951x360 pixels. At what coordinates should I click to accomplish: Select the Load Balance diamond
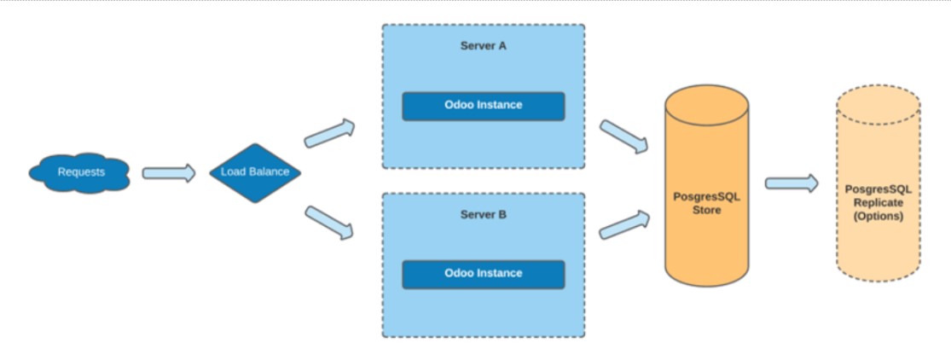(255, 172)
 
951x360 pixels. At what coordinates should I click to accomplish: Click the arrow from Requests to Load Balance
(168, 173)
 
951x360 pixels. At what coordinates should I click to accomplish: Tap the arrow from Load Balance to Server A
(329, 131)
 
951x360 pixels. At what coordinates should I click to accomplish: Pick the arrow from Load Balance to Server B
(329, 221)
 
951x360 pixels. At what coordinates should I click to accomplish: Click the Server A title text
(483, 46)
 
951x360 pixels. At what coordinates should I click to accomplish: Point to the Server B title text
(483, 215)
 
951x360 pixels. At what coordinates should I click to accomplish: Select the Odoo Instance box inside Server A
(483, 106)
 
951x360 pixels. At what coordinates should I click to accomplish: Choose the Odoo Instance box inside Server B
(483, 274)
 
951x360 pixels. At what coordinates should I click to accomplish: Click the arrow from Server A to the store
(623, 136)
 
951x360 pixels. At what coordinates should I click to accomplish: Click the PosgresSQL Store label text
(706, 203)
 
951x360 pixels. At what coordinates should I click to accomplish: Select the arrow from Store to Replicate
(791, 183)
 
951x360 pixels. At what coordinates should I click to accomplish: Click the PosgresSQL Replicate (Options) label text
(878, 203)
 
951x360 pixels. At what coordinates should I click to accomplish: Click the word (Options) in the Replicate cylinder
(878, 217)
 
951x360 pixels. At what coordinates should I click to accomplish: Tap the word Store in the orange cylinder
(706, 210)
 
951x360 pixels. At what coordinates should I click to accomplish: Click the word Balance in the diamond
(270, 172)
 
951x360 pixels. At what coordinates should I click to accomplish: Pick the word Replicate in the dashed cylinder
(878, 203)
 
